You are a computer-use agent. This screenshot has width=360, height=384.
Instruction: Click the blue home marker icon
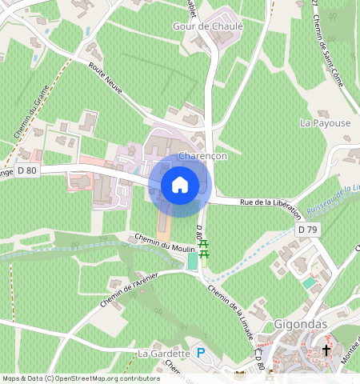tap(180, 185)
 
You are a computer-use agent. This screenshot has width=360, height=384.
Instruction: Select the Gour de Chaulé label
tap(207, 26)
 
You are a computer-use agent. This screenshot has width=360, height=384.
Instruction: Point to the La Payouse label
tap(325, 123)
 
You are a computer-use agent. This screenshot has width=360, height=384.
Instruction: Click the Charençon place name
tap(204, 156)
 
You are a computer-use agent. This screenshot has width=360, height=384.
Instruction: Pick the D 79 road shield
tap(307, 230)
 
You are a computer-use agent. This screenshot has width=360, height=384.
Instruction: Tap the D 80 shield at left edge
tap(26, 170)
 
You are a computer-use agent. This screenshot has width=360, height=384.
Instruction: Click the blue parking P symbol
tap(202, 352)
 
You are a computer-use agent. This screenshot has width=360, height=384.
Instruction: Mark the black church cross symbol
tap(326, 350)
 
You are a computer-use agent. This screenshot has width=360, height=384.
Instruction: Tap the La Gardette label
tap(163, 353)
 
